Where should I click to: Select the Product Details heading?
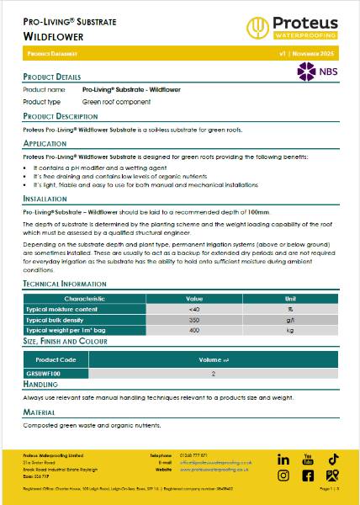[52, 77]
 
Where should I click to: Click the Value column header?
[194, 299]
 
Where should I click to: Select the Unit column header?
[289, 299]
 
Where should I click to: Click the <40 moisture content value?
[194, 310]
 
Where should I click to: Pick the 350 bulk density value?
[194, 321]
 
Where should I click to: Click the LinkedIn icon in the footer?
[283, 460]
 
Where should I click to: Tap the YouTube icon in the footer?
[307, 460]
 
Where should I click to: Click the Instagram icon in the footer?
[283, 476]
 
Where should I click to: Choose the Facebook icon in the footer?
[307, 476]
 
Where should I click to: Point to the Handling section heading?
[40, 384]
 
